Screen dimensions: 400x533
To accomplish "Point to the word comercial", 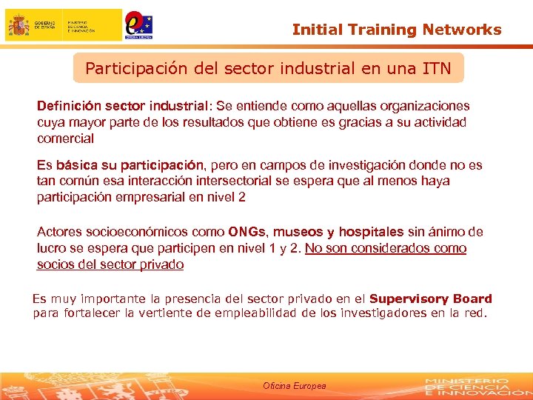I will pos(65,139).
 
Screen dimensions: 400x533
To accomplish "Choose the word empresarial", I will pos(148,197).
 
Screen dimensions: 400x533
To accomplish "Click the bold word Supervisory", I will pos(409,299).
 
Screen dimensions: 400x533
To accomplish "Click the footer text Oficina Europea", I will pos(294,386).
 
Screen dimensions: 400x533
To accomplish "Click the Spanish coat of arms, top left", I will pos(19,25).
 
